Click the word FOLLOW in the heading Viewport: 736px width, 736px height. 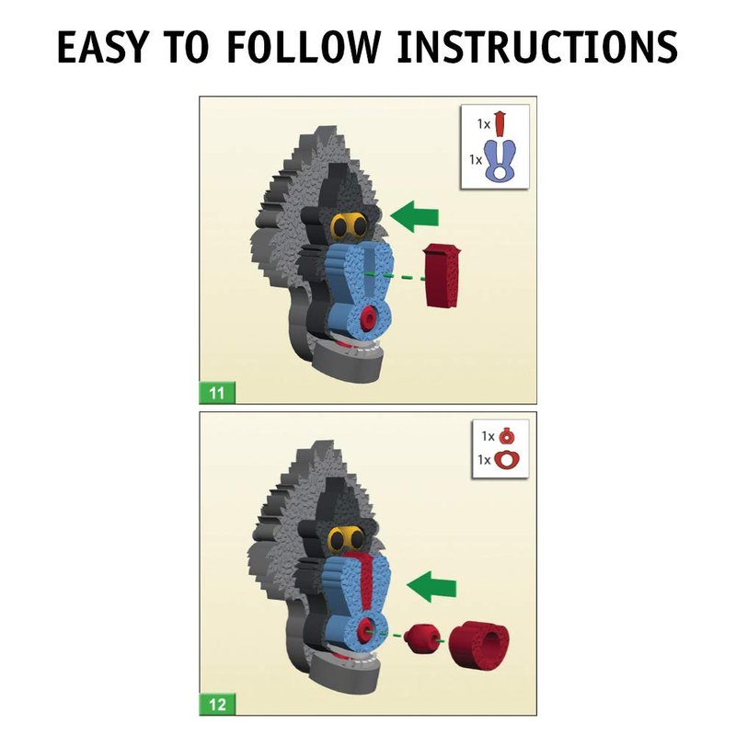[303, 47]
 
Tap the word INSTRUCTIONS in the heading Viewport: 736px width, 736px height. [537, 47]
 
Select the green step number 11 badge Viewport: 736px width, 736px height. [217, 393]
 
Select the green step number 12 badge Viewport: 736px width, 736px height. [217, 704]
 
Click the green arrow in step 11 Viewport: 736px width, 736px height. [414, 216]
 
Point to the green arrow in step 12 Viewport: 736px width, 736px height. [431, 586]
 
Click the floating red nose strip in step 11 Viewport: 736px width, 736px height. [442, 276]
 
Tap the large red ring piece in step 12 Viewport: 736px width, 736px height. [478, 640]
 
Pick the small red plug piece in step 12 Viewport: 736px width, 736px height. [422, 638]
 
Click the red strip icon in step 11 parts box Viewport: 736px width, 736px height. [500, 123]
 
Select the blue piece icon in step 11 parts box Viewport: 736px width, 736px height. [500, 161]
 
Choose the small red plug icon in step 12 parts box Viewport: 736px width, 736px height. [507, 436]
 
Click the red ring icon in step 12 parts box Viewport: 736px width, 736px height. [508, 459]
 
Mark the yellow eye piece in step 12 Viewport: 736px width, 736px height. [348, 539]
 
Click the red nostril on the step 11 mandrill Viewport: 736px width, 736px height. [367, 317]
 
